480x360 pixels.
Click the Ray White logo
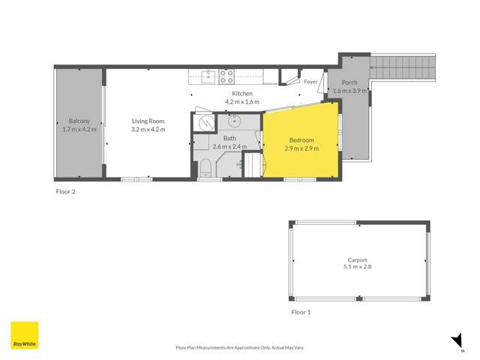(24, 335)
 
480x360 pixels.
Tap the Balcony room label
(79, 121)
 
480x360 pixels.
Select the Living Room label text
(148, 121)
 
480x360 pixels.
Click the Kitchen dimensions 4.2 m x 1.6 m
(241, 101)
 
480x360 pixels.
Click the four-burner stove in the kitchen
(227, 75)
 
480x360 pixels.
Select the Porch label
(349, 82)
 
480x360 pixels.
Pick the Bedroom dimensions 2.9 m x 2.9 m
(301, 148)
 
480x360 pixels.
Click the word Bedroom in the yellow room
(301, 140)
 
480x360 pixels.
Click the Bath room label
(229, 139)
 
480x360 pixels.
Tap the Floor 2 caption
(66, 191)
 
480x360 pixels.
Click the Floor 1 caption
(301, 310)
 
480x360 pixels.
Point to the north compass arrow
(456, 342)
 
